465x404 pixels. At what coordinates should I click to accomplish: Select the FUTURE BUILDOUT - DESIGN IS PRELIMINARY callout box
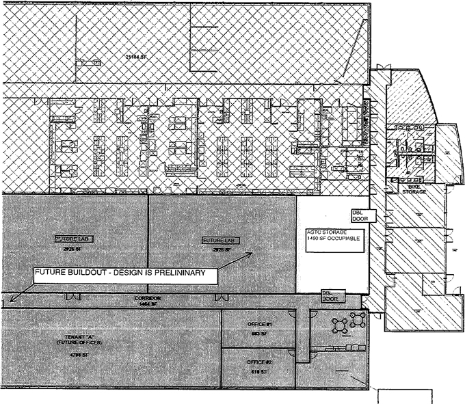coord(125,275)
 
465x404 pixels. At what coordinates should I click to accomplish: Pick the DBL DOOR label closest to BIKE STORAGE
coord(359,215)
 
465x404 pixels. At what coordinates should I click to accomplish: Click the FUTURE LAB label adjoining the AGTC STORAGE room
coord(219,241)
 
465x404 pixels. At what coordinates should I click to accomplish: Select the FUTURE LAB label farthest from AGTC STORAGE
coord(73,239)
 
